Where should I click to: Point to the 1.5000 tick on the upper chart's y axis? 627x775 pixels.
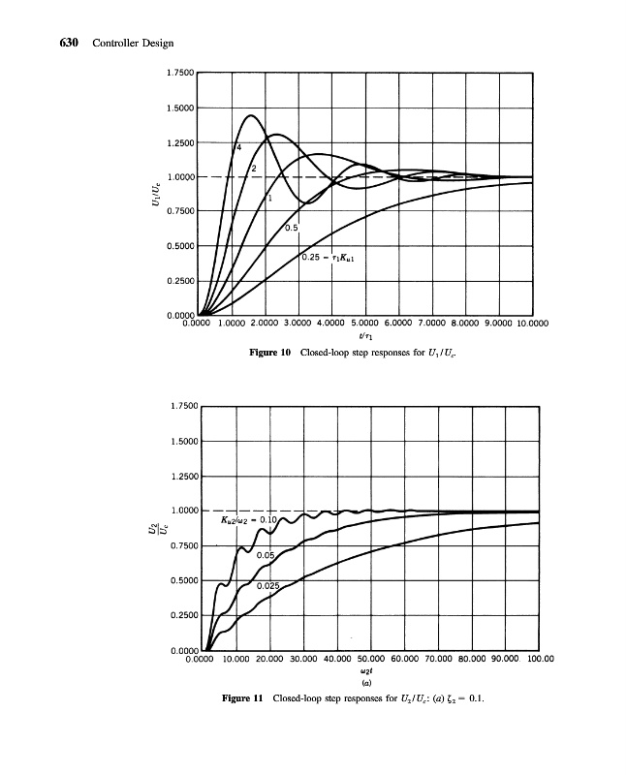[180, 108]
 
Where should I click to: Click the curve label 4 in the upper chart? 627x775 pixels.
[237, 147]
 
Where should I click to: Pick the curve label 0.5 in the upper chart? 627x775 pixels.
[291, 228]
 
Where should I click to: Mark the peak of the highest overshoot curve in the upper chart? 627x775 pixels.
[251, 115]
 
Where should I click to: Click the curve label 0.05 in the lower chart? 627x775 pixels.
[266, 555]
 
